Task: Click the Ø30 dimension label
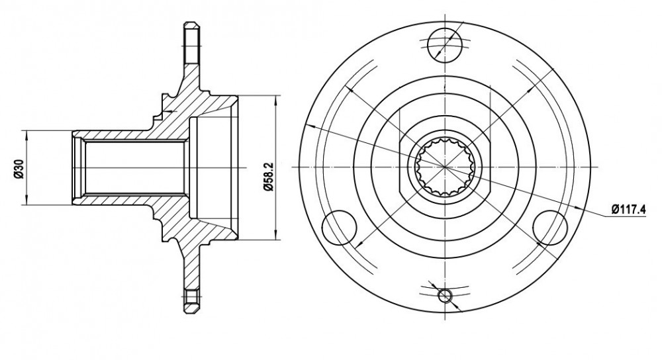pos(17,168)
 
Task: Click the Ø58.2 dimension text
pos(269,177)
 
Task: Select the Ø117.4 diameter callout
pos(629,210)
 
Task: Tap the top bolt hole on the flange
pos(445,45)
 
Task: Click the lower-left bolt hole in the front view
pos(340,228)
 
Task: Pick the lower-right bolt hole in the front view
pos(551,228)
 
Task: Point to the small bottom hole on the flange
pos(445,296)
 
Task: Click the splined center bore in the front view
pos(445,167)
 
